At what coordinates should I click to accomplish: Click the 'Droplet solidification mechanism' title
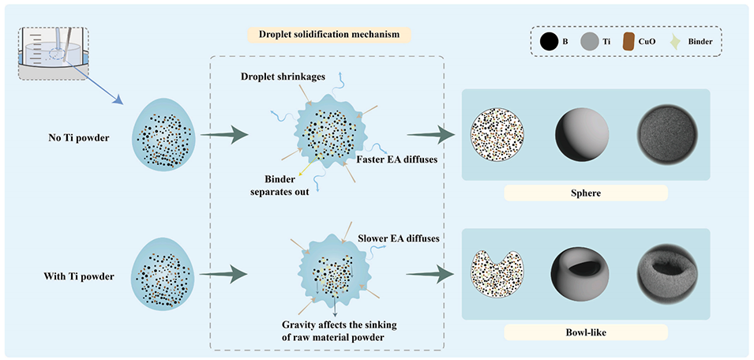(x=326, y=35)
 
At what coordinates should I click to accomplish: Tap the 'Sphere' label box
(x=585, y=193)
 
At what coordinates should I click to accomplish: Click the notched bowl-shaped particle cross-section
(x=498, y=277)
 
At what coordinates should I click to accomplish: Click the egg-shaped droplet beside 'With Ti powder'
(x=164, y=276)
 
